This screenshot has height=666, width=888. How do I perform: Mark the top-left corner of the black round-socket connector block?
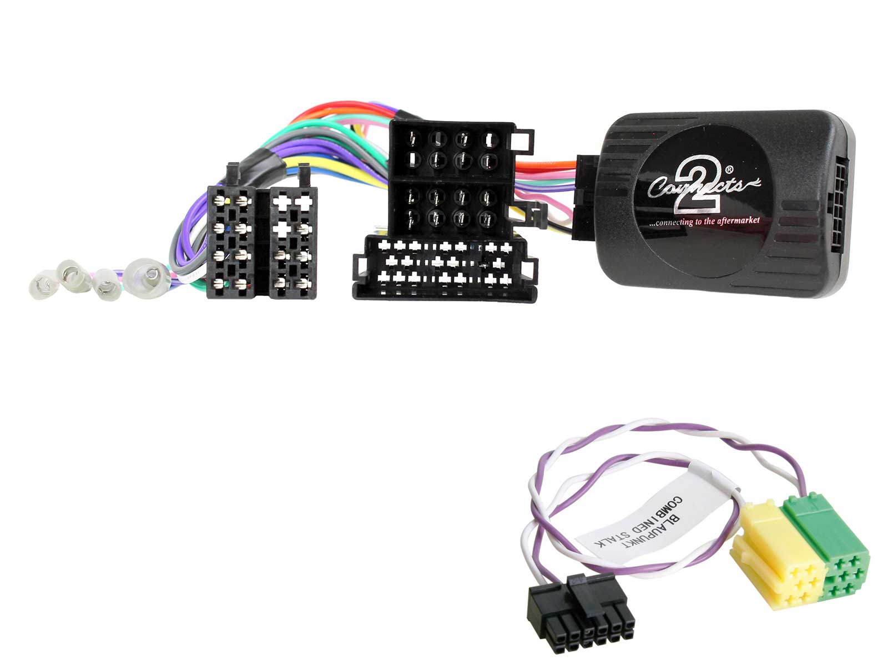[389, 120]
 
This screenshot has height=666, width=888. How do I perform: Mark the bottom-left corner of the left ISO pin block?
[207, 298]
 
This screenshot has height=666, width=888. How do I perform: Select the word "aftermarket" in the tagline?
[739, 221]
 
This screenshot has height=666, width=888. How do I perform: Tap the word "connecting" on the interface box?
[674, 223]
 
